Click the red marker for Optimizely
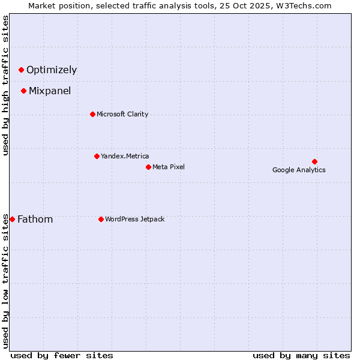(21, 70)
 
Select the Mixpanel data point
(23, 91)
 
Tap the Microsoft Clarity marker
(92, 114)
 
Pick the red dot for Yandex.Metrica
(97, 156)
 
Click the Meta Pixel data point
(148, 167)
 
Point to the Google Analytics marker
(314, 161)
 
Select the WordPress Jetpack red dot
(101, 219)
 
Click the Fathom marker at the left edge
(12, 219)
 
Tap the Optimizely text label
(52, 70)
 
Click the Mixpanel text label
(50, 91)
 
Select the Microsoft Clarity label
(122, 114)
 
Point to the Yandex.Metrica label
(125, 156)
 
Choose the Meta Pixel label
(169, 167)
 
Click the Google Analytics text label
(299, 170)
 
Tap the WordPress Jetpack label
(134, 219)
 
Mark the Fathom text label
(35, 220)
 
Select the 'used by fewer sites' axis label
(62, 355)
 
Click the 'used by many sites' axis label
(301, 355)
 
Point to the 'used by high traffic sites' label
(5, 85)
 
